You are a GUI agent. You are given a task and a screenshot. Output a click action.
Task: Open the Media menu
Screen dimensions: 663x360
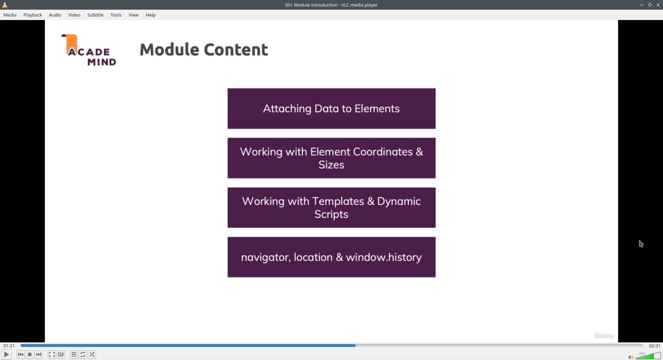(10, 15)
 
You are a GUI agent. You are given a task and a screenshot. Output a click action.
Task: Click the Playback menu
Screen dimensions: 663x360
(33, 15)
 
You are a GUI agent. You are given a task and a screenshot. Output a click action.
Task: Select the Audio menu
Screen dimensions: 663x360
(55, 15)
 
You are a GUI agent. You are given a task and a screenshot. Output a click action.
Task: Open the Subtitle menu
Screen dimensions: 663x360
(95, 15)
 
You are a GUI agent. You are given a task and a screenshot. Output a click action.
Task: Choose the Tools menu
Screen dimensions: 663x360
(116, 15)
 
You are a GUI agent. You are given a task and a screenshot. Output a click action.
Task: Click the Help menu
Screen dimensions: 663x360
(151, 15)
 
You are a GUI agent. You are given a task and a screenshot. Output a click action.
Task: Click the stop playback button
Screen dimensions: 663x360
(30, 354)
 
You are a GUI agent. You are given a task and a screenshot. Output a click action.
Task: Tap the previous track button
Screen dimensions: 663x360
(21, 354)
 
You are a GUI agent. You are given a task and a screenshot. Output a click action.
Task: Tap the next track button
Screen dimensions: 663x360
(39, 354)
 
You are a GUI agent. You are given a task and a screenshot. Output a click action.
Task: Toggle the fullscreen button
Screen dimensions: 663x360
(52, 354)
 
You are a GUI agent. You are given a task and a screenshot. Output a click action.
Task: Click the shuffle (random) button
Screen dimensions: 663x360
(92, 354)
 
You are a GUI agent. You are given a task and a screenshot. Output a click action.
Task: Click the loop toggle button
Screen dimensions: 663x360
(83, 354)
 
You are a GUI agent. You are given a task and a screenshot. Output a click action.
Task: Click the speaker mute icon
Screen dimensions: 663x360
(631, 357)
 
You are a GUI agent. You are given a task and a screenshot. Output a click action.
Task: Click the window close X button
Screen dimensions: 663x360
(658, 5)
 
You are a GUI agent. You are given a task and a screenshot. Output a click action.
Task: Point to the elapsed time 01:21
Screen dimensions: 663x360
(9, 346)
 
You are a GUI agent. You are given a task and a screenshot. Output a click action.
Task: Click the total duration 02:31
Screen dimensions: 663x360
(654, 346)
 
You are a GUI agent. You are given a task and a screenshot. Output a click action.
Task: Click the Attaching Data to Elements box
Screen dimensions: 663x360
(331, 109)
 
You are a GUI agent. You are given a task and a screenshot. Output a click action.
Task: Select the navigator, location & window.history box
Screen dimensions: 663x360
(331, 257)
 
